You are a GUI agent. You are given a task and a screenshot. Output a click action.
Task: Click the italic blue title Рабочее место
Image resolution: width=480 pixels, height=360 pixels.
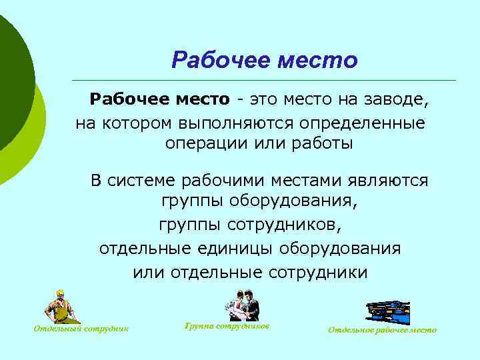[264, 61]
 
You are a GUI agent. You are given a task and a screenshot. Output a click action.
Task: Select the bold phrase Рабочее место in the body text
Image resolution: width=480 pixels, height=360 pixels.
[159, 100]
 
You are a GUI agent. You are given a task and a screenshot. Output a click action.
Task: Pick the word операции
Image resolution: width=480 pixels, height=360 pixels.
[204, 145]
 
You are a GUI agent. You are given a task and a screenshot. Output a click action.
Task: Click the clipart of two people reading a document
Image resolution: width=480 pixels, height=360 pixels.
[241, 305]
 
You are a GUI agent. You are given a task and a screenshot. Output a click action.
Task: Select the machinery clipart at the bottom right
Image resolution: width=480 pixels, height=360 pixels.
[388, 311]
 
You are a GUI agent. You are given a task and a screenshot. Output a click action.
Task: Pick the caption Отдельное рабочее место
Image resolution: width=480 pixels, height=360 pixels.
[383, 330]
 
